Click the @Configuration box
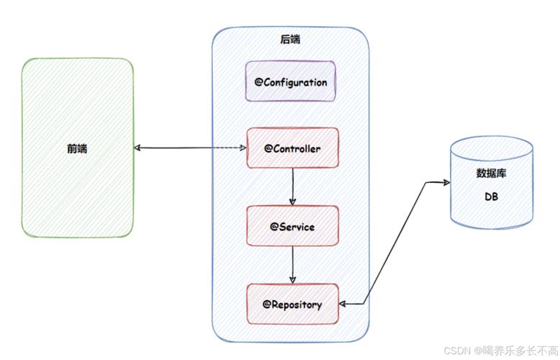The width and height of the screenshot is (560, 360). click(290, 81)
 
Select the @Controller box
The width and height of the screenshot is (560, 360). click(292, 148)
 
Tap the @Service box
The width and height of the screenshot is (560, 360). click(292, 225)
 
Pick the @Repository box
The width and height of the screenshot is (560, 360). click(292, 304)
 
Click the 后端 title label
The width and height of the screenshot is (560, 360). click(290, 40)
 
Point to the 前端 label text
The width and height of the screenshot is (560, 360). click(77, 148)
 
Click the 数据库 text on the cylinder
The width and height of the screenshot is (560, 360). click(491, 174)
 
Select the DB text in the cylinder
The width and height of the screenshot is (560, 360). click(491, 197)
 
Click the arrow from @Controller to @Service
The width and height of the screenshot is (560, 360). click(292, 186)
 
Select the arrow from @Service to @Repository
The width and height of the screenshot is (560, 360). click(292, 265)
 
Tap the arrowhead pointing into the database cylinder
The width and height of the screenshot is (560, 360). click(446, 182)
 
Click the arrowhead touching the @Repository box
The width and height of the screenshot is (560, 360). click(342, 304)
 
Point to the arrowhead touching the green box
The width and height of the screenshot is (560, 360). click(137, 148)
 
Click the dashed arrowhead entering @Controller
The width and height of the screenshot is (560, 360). click(243, 148)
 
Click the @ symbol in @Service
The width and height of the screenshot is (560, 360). click(274, 226)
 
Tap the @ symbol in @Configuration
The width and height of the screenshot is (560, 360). click(259, 82)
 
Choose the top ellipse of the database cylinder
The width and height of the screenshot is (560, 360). click(492, 148)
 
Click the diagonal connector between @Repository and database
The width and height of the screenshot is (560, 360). click(394, 243)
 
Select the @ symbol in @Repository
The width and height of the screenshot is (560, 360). click(267, 305)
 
